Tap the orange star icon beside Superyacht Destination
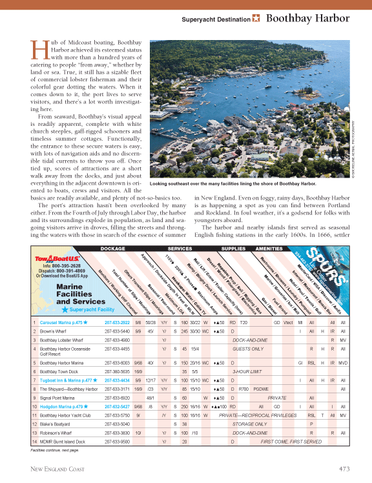point(256,18)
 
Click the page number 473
point(345,468)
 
